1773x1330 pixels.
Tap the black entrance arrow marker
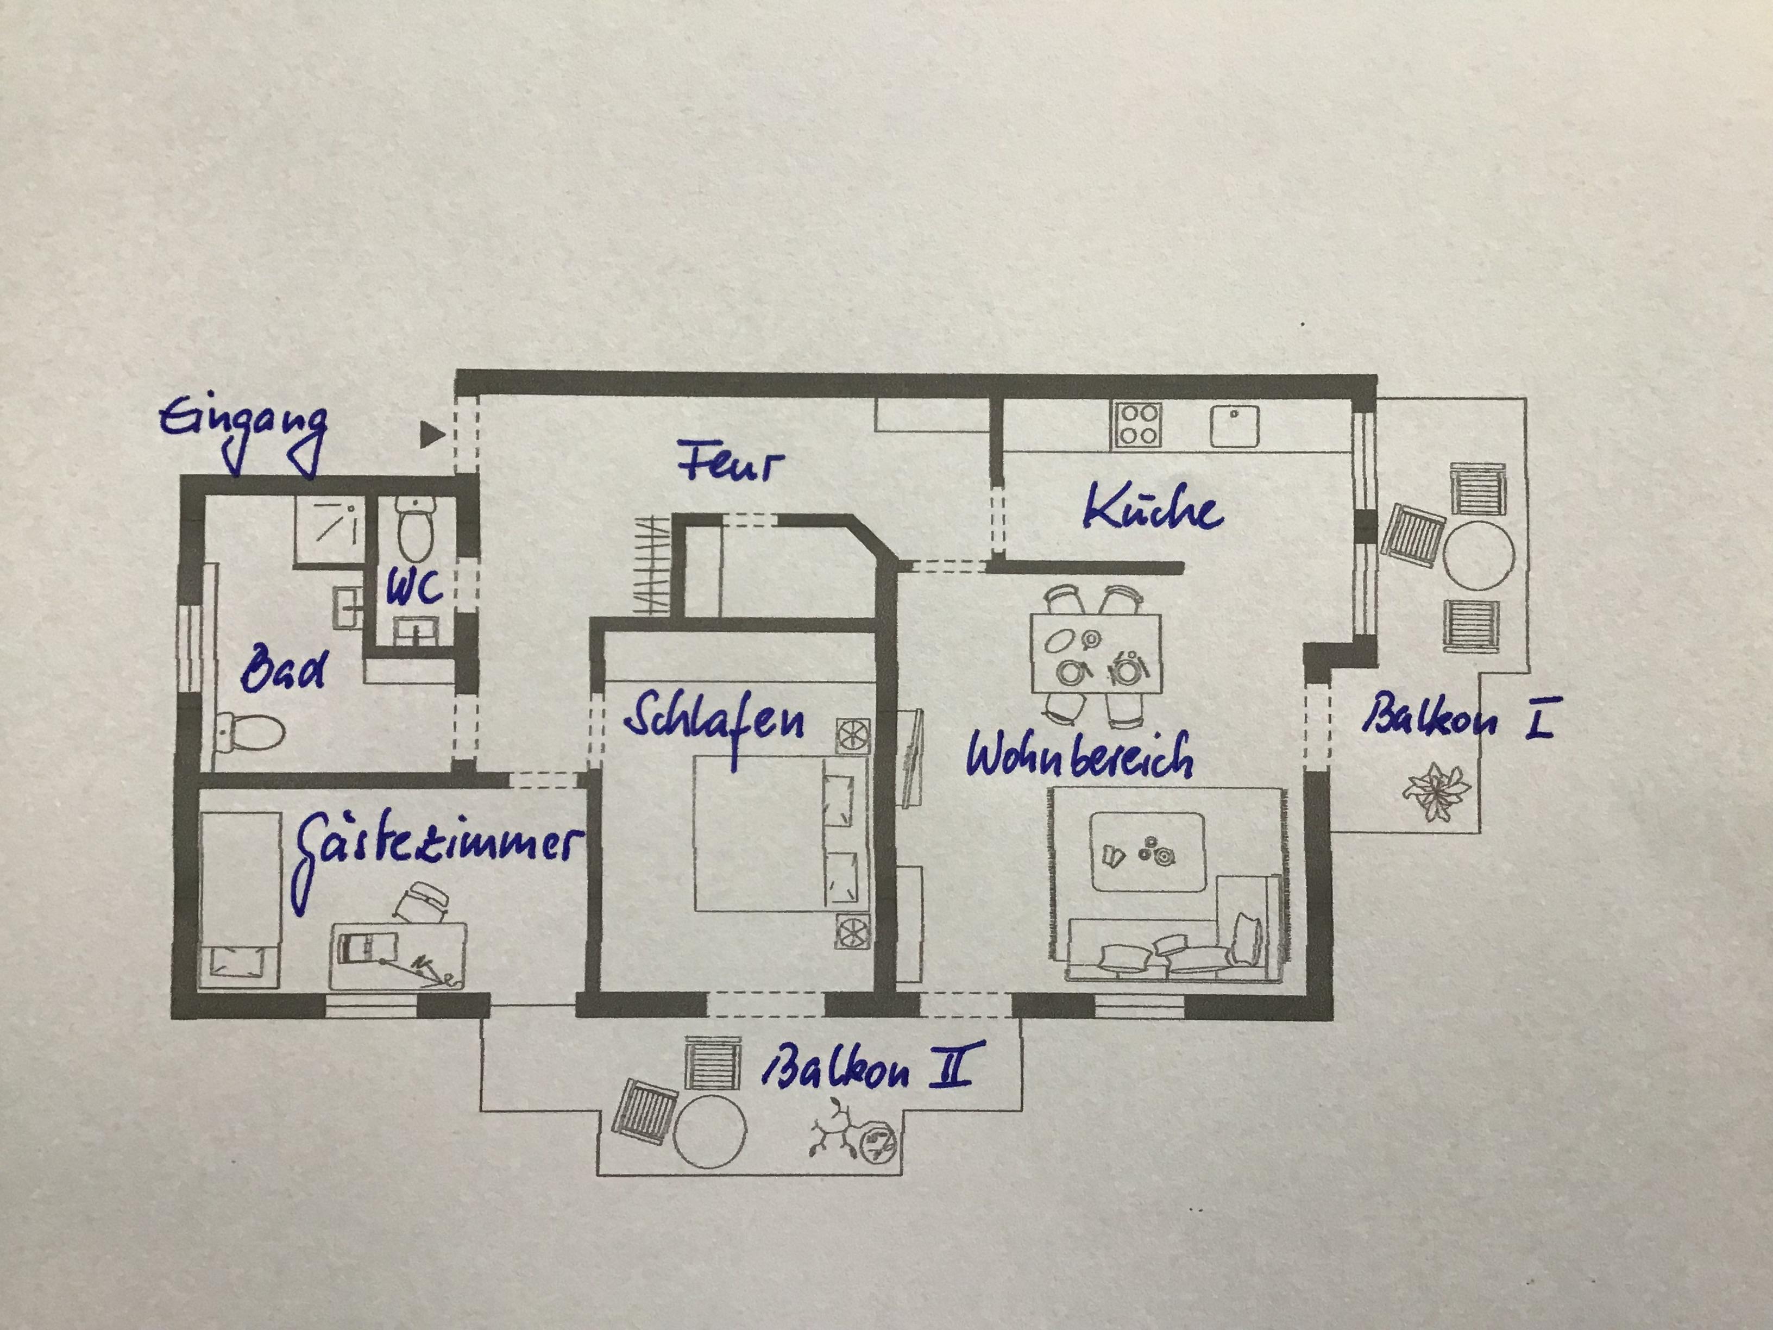432,435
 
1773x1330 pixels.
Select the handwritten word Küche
1153,507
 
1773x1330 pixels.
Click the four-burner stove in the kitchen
1137,424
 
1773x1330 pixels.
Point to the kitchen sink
1234,425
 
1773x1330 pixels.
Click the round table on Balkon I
1479,556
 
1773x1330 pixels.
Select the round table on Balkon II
710,1131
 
